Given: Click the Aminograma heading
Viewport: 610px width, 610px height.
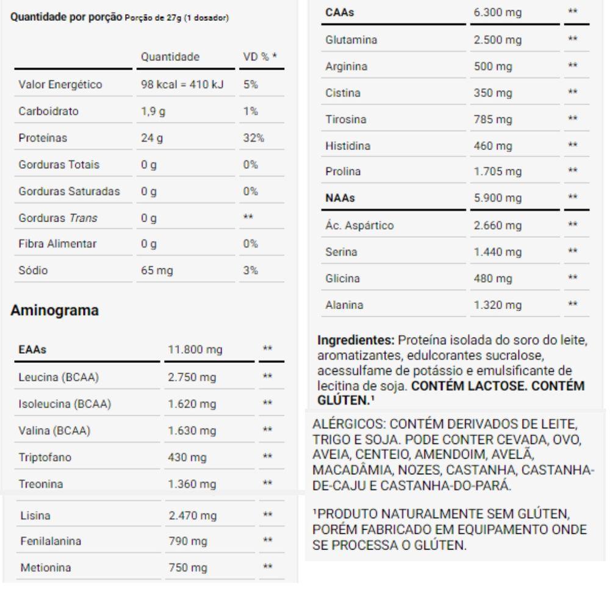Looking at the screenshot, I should click(55, 310).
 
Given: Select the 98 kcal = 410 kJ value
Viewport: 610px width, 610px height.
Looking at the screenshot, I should click(181, 85).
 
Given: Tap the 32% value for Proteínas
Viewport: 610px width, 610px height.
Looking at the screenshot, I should click(253, 138).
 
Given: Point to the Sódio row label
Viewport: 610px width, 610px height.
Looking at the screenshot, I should click(35, 270).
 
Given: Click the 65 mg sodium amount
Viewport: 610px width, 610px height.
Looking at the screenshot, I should click(157, 270).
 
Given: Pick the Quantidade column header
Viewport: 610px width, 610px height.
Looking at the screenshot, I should click(170, 57).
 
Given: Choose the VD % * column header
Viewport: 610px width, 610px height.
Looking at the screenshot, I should click(259, 57).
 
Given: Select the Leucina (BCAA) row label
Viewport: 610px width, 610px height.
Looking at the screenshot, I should click(59, 378).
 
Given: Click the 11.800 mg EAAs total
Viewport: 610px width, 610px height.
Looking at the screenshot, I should click(195, 350).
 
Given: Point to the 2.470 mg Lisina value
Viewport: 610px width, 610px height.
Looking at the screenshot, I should click(192, 516).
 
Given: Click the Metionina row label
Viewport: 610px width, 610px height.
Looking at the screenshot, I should click(46, 568).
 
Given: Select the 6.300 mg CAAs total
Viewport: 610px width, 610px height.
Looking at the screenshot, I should click(498, 13).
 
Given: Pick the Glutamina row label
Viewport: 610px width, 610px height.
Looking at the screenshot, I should click(351, 40).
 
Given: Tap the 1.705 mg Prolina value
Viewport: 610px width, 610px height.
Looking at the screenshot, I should click(497, 172).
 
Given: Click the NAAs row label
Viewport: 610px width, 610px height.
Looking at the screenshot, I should click(340, 198).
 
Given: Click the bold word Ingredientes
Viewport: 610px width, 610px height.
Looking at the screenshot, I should click(350, 340).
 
